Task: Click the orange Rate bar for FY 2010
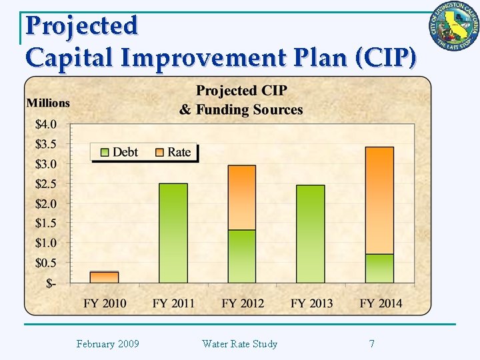104,277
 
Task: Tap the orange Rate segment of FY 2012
242,197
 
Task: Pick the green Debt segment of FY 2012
242,257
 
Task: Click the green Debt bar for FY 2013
311,234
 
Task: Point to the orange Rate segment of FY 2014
379,200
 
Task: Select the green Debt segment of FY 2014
379,269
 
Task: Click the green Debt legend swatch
103,152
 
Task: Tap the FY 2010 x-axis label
105,303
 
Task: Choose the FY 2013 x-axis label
311,303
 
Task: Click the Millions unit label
48,103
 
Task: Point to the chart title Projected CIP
241,91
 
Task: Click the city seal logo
454,27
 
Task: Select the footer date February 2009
107,344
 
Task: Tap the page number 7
371,344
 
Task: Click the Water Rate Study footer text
239,344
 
